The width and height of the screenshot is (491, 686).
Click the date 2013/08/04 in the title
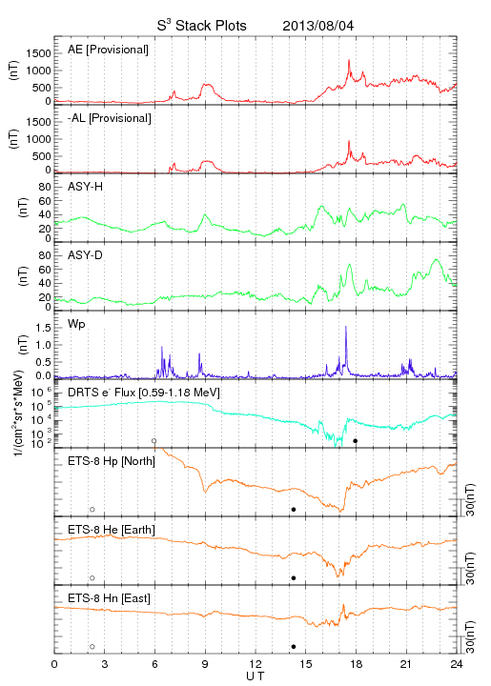point(318,26)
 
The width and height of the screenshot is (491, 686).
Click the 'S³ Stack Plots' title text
point(202,26)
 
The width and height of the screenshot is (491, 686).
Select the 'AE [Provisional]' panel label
point(108,50)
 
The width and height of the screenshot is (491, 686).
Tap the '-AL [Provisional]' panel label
point(110,118)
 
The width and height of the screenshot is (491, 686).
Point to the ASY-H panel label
point(86,187)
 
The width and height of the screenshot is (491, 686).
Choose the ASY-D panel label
point(86,255)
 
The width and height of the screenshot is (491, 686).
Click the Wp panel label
point(76,324)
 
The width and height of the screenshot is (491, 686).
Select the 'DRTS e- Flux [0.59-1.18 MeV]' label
point(144,393)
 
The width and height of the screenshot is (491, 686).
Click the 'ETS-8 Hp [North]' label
point(112,461)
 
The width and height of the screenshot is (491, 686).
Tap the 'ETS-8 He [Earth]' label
point(112,530)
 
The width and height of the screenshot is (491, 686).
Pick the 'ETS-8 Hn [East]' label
point(109,598)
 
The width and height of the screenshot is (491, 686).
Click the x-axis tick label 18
point(357,664)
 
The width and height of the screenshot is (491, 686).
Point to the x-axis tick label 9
point(205,664)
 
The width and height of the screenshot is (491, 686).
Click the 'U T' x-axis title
point(256,676)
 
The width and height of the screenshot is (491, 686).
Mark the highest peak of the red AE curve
point(349,60)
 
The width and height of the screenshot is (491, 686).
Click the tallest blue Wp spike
point(346,327)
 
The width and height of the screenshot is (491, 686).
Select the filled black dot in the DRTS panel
point(356,441)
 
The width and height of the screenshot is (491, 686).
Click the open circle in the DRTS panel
point(154,441)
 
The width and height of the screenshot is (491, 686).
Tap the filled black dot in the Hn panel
point(294,647)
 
